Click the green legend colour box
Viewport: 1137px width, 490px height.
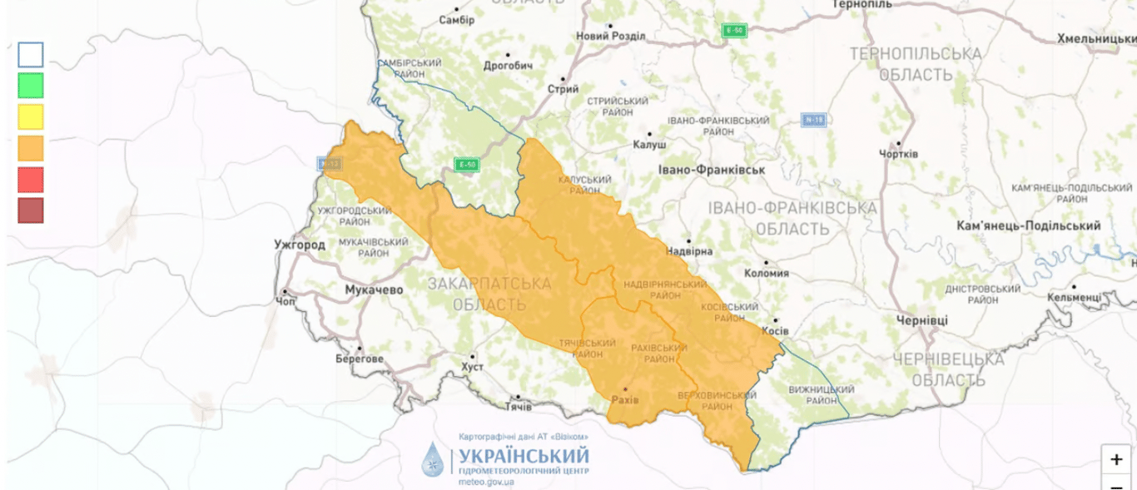point(31,86)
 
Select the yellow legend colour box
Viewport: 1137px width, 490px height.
point(31,116)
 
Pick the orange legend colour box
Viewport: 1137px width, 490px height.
point(31,148)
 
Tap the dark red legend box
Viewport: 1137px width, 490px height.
point(31,210)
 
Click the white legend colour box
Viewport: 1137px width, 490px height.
point(31,55)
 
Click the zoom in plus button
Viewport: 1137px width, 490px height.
point(1116,459)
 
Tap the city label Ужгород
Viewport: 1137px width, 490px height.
point(300,245)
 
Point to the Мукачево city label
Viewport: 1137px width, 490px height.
point(374,290)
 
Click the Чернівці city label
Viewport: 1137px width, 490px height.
point(922,320)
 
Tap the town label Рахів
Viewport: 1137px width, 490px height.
point(625,400)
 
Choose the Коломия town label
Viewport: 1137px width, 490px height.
point(765,273)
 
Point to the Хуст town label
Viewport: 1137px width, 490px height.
point(471,367)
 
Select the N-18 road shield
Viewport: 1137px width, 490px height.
point(813,120)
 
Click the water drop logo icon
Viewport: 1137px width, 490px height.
point(434,459)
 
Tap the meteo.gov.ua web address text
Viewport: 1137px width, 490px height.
point(486,482)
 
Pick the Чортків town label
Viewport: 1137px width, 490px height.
point(899,154)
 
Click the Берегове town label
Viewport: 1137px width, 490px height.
point(360,359)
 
